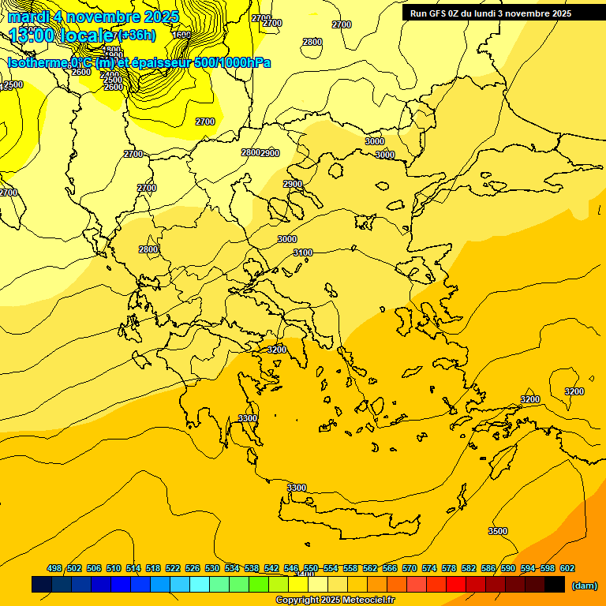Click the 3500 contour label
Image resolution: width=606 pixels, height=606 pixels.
pyautogui.click(x=498, y=531)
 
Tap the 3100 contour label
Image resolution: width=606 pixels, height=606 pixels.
pyautogui.click(x=303, y=252)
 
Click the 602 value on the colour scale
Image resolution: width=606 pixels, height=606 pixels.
pyautogui.click(x=567, y=568)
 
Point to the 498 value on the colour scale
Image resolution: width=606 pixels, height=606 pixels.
pyautogui.click(x=54, y=568)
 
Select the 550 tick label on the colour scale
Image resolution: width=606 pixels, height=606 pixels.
pyautogui.click(x=311, y=568)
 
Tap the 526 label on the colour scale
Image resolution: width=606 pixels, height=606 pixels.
pyautogui.click(x=193, y=568)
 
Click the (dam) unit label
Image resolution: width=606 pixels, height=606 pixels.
pyautogui.click(x=585, y=585)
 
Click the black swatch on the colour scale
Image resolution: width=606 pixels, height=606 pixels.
pyautogui.click(x=555, y=585)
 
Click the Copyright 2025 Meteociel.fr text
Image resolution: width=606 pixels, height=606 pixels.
pyautogui.click(x=335, y=600)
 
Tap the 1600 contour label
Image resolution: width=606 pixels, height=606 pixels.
pyautogui.click(x=182, y=35)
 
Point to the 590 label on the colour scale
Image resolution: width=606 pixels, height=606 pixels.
pyautogui.click(x=508, y=568)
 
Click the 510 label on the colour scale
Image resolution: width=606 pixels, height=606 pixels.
pyautogui.click(x=114, y=568)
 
